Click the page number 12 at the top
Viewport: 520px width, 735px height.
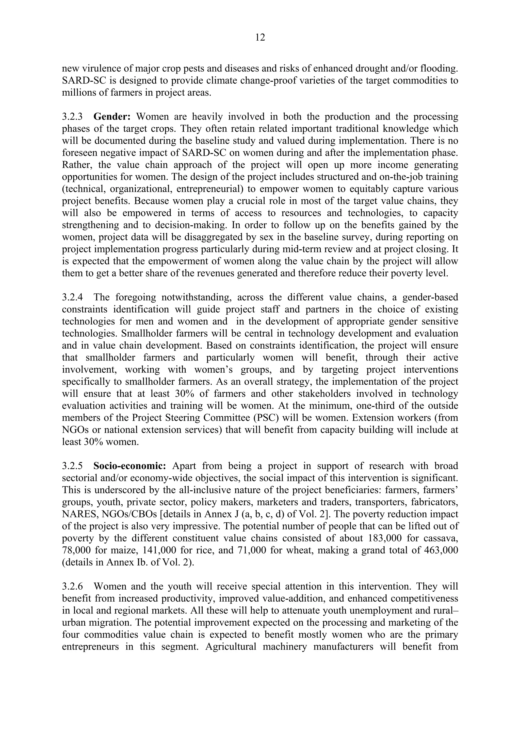(260, 38)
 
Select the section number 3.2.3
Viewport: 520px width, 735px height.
(72, 117)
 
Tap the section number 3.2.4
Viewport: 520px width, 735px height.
(72, 297)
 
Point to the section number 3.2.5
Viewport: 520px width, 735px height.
(72, 466)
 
